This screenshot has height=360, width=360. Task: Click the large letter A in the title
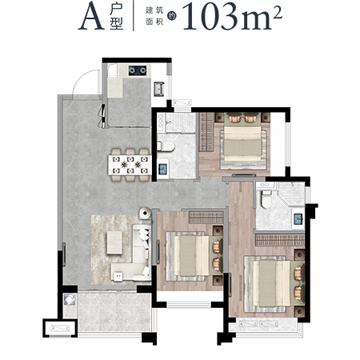(x=91, y=17)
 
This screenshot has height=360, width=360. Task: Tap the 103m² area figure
(x=233, y=17)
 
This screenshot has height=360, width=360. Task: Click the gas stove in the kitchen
(x=138, y=70)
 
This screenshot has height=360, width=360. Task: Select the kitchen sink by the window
(x=159, y=89)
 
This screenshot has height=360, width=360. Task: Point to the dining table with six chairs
(x=130, y=166)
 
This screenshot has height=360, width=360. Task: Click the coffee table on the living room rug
(x=114, y=242)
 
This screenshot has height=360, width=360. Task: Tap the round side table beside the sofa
(x=145, y=213)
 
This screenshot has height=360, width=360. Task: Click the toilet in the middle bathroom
(x=166, y=146)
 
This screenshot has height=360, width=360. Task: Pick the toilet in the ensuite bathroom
(x=266, y=199)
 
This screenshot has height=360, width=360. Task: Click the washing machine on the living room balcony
(x=70, y=300)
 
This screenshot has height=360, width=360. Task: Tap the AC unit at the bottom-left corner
(x=60, y=329)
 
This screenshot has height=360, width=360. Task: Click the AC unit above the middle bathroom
(x=182, y=102)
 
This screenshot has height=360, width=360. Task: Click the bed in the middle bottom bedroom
(x=194, y=256)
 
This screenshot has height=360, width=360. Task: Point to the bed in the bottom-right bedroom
(x=274, y=284)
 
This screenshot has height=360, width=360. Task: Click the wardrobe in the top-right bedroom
(x=207, y=132)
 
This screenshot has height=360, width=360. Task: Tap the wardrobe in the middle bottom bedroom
(x=206, y=217)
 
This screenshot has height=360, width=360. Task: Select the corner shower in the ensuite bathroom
(x=291, y=194)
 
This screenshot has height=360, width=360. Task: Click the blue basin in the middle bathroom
(x=163, y=168)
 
